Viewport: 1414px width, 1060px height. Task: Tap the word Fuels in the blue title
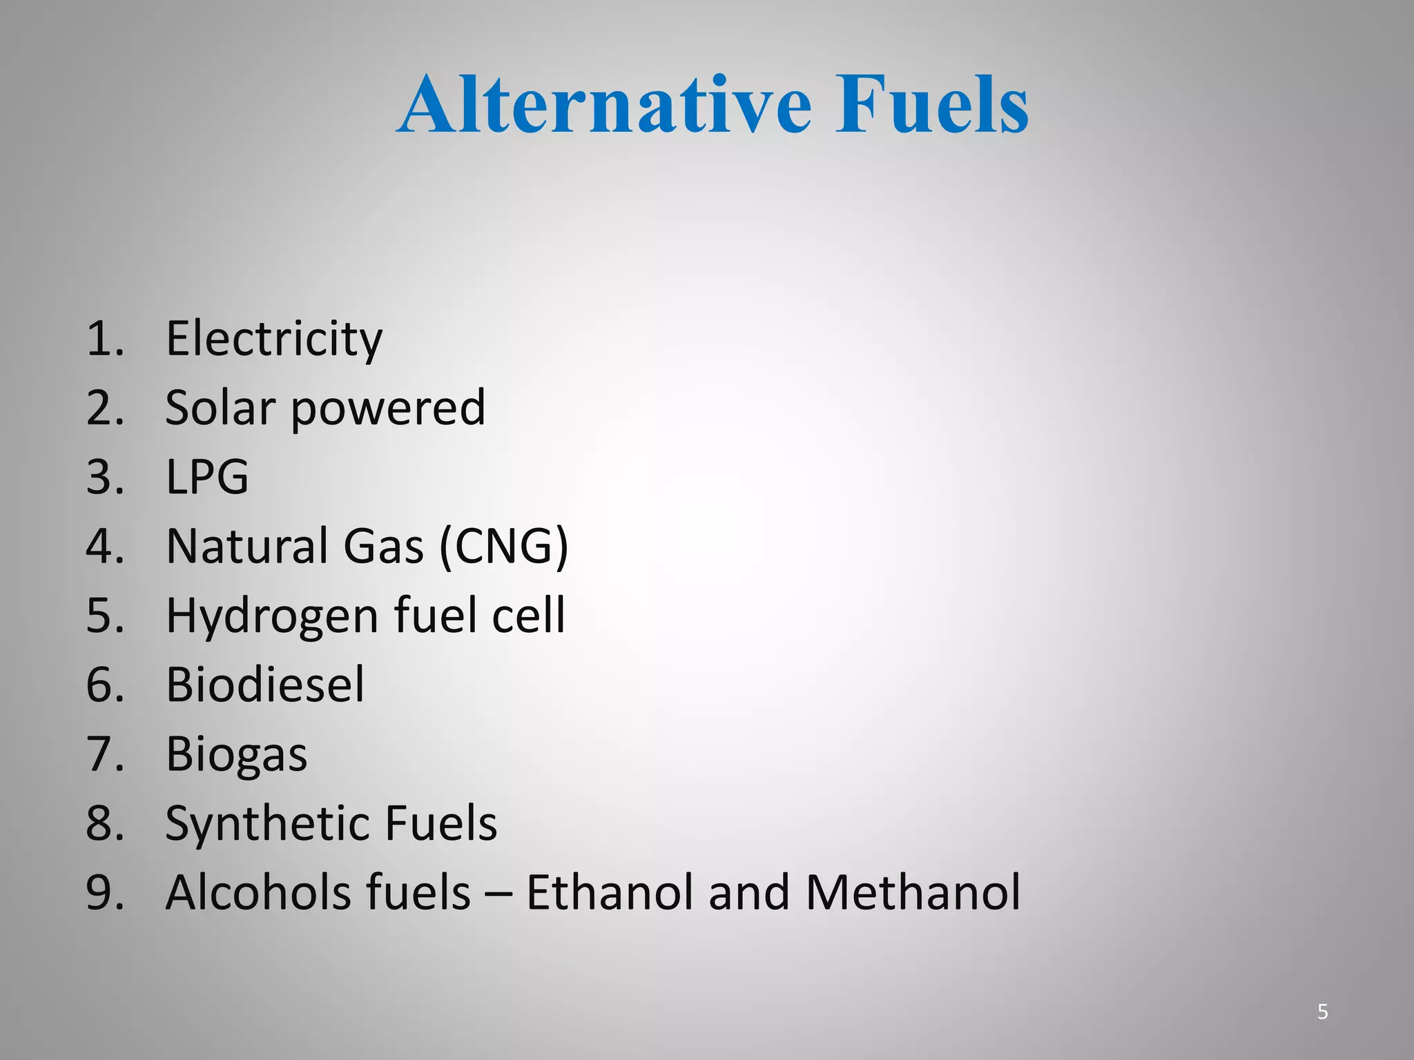tap(931, 105)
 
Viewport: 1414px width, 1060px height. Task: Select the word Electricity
tap(274, 339)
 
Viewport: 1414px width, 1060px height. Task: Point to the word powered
tap(388, 409)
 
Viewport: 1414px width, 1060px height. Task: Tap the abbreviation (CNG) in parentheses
tap(504, 546)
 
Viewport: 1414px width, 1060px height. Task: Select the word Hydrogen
tap(271, 616)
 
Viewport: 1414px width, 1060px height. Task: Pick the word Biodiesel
tap(265, 684)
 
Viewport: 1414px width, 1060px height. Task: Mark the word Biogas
tap(236, 754)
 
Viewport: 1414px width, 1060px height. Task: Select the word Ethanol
tap(610, 892)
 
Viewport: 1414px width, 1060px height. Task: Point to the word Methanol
tap(913, 892)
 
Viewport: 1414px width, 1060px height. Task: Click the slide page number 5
tap(1323, 1012)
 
